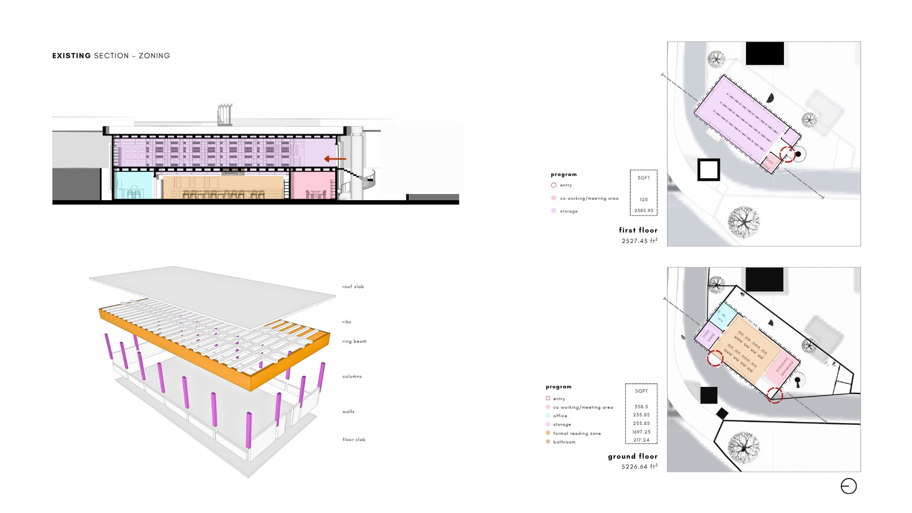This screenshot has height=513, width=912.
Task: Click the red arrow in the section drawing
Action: click(x=335, y=159)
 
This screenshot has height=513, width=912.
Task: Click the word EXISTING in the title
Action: click(x=72, y=56)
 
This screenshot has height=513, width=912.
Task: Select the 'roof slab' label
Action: click(x=353, y=287)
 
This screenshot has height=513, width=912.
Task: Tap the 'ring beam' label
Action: click(x=354, y=342)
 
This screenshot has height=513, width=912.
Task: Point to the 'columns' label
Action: click(x=352, y=377)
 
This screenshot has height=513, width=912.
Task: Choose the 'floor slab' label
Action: click(x=354, y=440)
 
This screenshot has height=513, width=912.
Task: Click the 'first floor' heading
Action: click(x=638, y=230)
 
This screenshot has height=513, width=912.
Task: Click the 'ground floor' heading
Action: click(x=632, y=456)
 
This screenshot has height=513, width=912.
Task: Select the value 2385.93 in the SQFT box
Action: click(x=643, y=211)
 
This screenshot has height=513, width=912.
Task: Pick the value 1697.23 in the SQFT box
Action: click(x=641, y=432)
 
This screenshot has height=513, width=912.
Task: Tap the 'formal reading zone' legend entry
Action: click(x=577, y=434)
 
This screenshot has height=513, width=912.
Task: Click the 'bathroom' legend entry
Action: click(x=564, y=442)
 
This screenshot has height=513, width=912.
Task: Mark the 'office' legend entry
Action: click(x=560, y=416)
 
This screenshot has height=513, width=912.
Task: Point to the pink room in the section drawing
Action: click(x=313, y=185)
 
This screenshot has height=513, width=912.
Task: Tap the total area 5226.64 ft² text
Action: click(x=639, y=466)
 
